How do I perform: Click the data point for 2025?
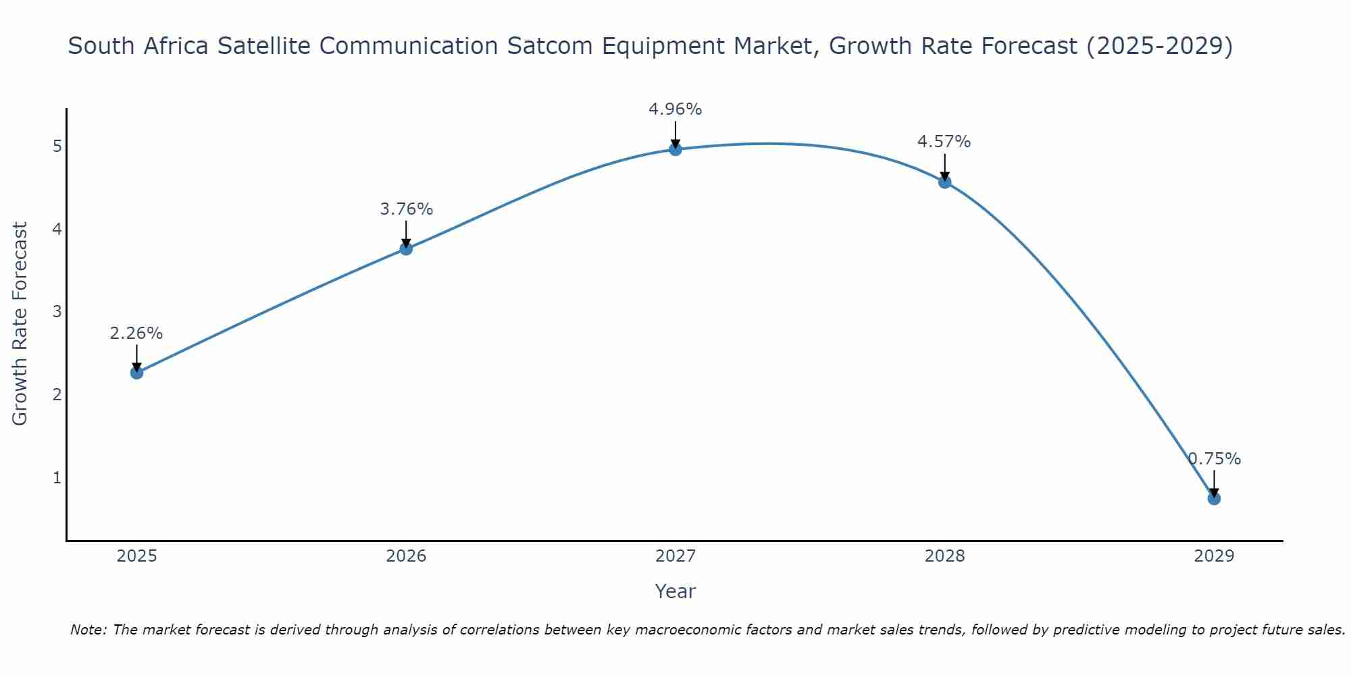(x=136, y=373)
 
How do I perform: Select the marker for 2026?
(x=406, y=248)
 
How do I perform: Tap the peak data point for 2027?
(x=675, y=149)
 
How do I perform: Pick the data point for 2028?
(x=945, y=182)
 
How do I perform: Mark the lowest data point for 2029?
(x=1214, y=499)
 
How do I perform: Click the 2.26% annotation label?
(x=136, y=333)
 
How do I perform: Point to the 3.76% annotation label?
(x=406, y=209)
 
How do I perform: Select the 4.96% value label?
(x=675, y=109)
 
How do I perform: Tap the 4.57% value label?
(x=944, y=142)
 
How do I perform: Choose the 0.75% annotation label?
(x=1214, y=459)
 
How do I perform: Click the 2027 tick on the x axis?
(x=675, y=556)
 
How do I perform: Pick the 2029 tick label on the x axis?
(x=1214, y=556)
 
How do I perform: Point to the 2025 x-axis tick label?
(x=136, y=556)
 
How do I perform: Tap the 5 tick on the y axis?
(x=57, y=146)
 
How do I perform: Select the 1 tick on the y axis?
(x=57, y=478)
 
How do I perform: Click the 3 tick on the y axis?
(x=57, y=312)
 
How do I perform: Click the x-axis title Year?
(x=675, y=591)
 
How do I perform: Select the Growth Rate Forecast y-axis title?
(x=20, y=324)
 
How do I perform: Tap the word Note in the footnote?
(x=88, y=630)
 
